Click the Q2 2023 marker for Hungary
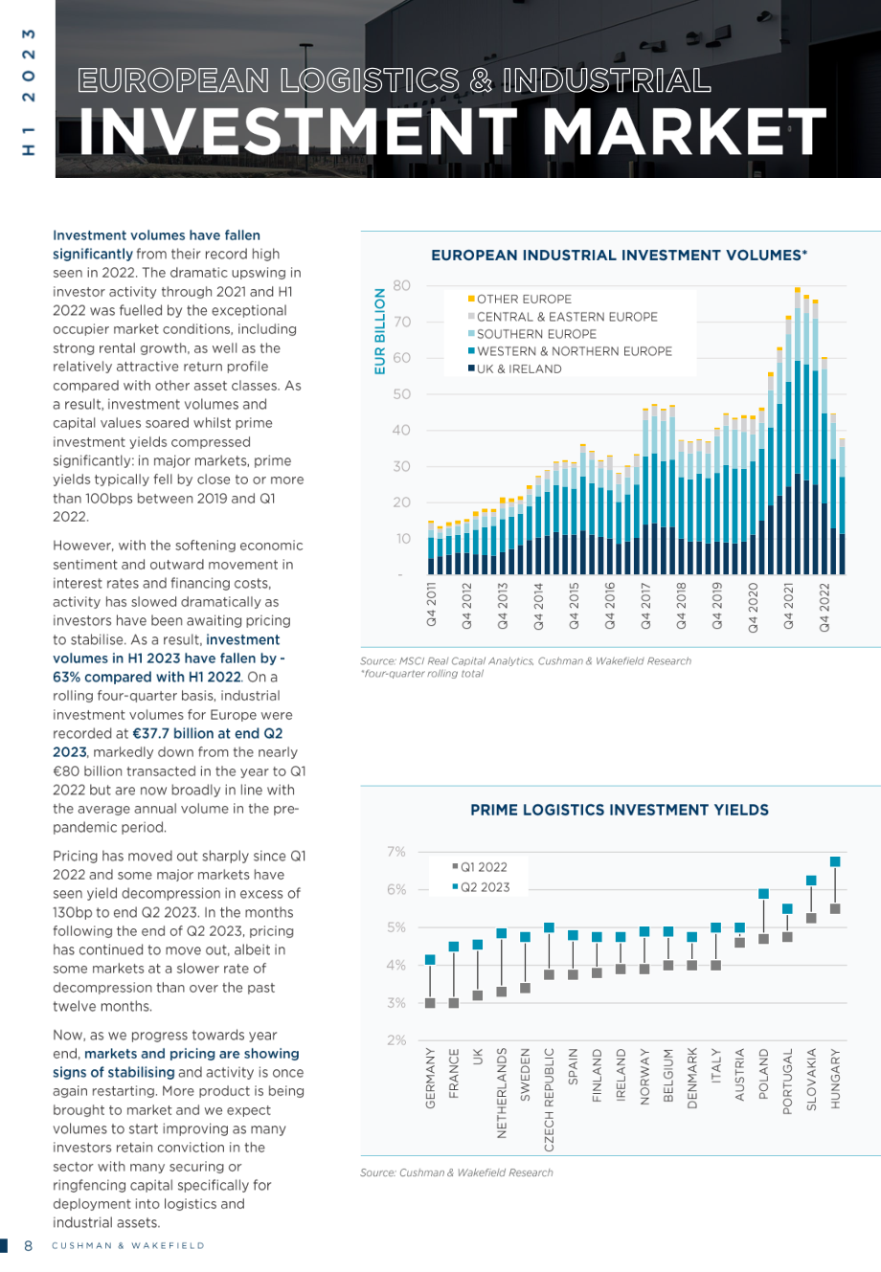[835, 862]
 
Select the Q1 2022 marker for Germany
[430, 1003]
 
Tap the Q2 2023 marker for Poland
[763, 894]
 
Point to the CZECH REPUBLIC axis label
[549, 1100]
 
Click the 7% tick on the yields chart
[395, 852]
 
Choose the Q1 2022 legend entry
[480, 867]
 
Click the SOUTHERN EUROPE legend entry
[532, 334]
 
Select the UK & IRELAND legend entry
[514, 368]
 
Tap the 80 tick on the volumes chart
[401, 285]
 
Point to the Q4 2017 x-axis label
[645, 605]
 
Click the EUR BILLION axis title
[379, 331]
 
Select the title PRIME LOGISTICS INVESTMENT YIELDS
[620, 810]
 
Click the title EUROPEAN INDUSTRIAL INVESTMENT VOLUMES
[620, 255]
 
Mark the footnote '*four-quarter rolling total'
[421, 674]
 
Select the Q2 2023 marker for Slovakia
[811, 881]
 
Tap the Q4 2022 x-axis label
[825, 607]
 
